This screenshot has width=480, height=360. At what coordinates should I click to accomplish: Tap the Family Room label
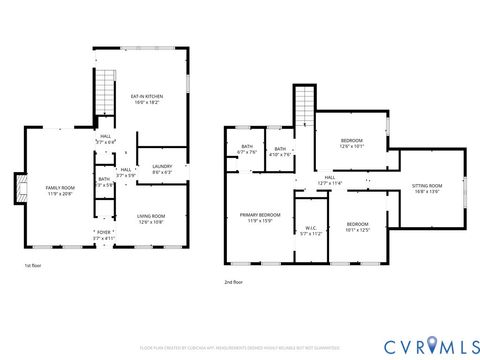(60, 191)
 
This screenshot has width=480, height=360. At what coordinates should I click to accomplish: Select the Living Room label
(151, 219)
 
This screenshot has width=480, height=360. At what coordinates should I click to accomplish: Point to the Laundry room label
(162, 169)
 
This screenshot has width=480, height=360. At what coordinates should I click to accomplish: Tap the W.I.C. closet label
(313, 229)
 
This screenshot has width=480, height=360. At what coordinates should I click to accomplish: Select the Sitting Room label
(427, 188)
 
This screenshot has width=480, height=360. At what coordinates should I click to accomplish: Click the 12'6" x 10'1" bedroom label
(351, 142)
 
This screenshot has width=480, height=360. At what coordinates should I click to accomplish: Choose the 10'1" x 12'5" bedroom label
(358, 226)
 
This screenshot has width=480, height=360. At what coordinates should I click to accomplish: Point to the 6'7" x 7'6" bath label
(247, 151)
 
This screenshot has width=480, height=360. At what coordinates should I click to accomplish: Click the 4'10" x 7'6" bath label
(281, 151)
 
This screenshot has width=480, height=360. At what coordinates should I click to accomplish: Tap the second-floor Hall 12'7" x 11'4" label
(331, 181)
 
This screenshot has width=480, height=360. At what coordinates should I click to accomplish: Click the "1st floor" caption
(33, 265)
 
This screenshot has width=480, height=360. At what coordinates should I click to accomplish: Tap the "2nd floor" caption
(233, 282)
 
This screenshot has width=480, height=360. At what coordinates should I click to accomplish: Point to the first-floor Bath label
(104, 183)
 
